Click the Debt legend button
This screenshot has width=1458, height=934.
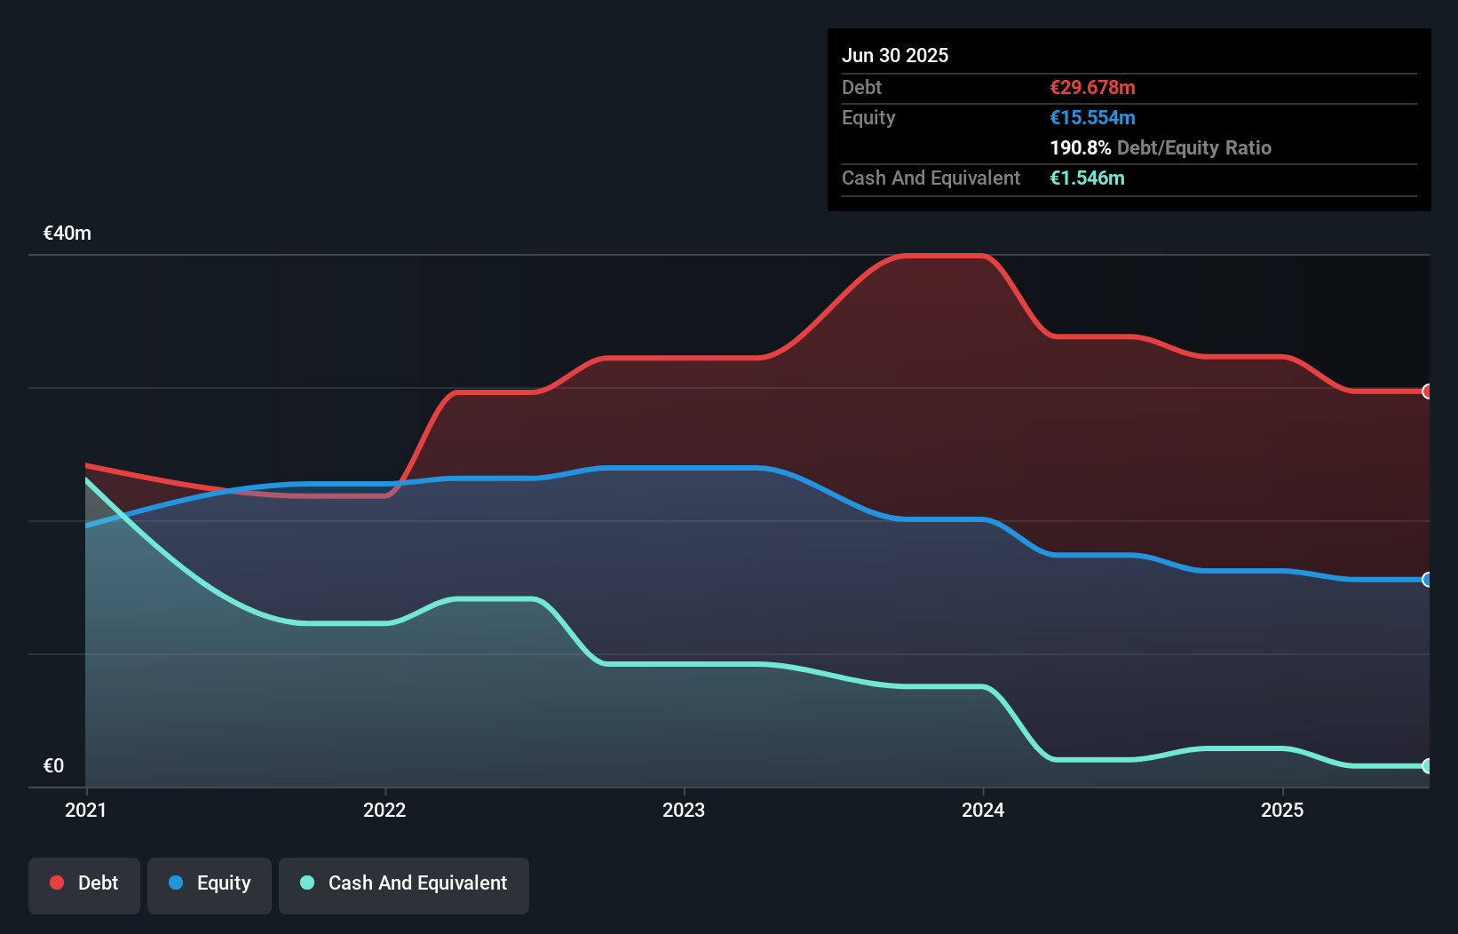pos(84,884)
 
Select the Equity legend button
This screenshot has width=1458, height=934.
pos(210,884)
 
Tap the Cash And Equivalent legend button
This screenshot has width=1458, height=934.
pos(404,884)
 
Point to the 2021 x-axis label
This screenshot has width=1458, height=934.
pos(85,810)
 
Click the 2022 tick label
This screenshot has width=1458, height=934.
pos(384,810)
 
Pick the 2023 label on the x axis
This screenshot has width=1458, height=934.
pos(684,810)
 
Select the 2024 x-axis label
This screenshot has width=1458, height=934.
pos(983,810)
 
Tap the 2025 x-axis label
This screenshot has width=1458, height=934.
pos(1282,810)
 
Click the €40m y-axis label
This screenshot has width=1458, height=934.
pos(67,233)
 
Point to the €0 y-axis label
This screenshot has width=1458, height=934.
pos(53,766)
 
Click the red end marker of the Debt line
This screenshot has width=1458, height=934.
pos(1427,392)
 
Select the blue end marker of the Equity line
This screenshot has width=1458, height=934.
pos(1427,580)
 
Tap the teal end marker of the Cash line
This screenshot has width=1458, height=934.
pos(1427,766)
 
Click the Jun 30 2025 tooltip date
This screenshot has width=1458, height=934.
pos(895,56)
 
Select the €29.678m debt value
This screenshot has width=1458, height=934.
pos(1092,88)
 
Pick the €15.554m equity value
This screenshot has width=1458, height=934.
pos(1092,118)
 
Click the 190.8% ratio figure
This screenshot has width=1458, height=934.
pos(1080,148)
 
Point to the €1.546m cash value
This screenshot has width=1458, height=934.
pos(1087,178)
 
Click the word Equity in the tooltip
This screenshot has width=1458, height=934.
pos(868,118)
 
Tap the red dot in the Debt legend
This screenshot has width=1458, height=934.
pos(57,883)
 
